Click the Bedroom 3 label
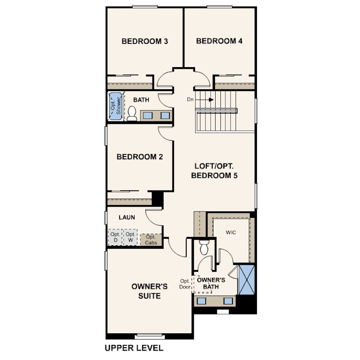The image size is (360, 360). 144,41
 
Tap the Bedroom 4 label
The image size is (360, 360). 219,41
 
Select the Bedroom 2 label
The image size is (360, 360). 139,157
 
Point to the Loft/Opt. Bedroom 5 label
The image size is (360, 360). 214,171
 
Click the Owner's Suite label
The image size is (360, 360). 149,291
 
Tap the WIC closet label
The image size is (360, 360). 230,232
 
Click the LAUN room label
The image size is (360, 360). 127,217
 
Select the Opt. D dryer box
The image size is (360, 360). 115,237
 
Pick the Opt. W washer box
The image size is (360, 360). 130,237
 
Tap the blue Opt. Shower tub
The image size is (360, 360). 115,106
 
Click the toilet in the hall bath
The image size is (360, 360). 132,114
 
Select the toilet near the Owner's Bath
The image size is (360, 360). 204,247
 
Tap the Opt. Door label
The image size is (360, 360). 185,284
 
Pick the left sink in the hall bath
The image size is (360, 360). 149,116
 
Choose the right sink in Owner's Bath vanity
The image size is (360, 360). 228,301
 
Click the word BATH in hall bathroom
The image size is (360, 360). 141,100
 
